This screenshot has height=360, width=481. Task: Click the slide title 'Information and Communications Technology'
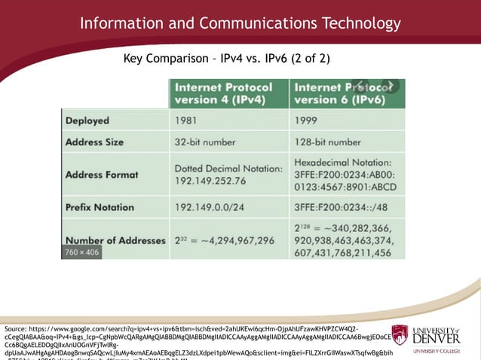point(240,23)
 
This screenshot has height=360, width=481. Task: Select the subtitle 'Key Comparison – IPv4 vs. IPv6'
point(226,58)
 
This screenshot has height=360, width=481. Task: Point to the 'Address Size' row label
point(95,142)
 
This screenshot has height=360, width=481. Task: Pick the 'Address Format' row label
point(102,174)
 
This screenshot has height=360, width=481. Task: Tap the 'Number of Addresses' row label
point(115,240)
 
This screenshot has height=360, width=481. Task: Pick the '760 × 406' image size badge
point(81,252)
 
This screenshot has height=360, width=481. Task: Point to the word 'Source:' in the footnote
point(15,330)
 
